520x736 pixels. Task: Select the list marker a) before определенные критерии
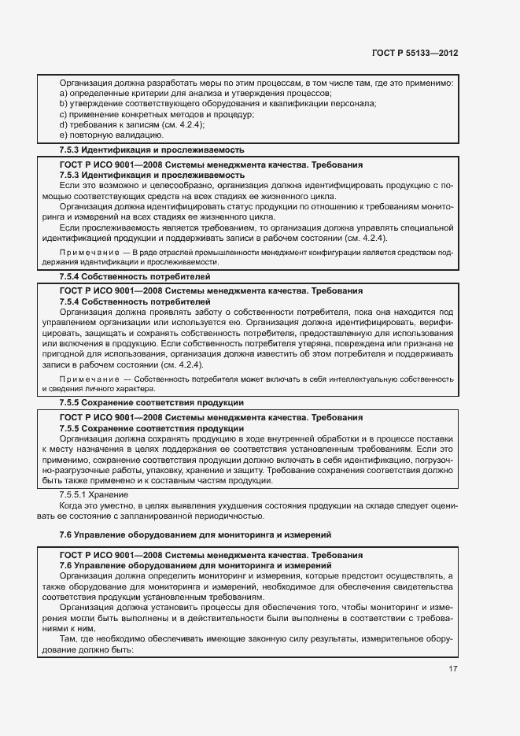63,94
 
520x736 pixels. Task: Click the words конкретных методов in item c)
135,114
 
